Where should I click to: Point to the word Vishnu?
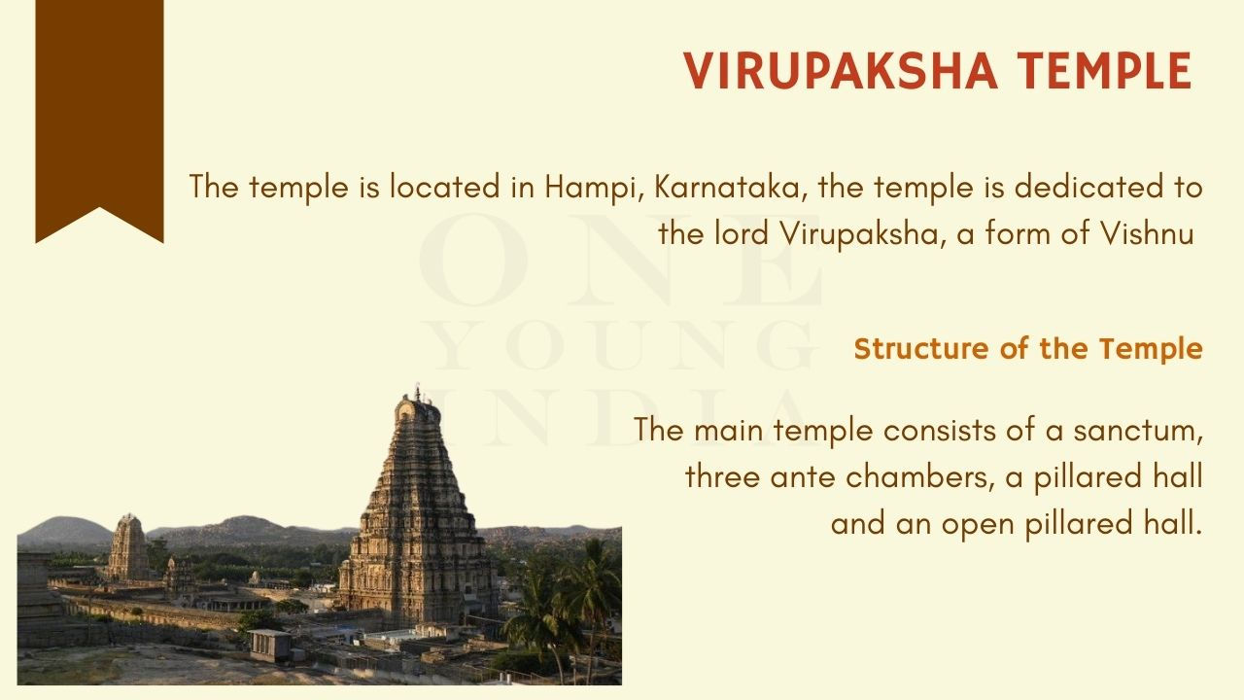click(x=1148, y=233)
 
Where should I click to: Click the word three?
click(x=722, y=476)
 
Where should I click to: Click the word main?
click(x=728, y=430)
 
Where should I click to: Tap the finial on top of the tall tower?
click(x=417, y=392)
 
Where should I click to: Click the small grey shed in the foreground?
click(x=271, y=645)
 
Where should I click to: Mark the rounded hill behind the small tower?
click(x=64, y=532)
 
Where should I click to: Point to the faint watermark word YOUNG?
click(x=620, y=345)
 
